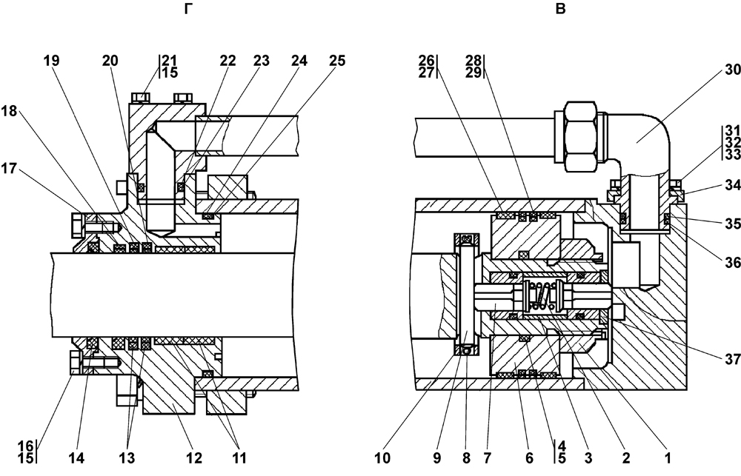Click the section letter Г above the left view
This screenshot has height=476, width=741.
pyautogui.click(x=188, y=9)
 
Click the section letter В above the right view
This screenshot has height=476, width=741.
pyautogui.click(x=560, y=9)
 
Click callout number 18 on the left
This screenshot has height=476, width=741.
pyautogui.click(x=10, y=111)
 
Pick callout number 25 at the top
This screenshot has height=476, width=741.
pyautogui.click(x=337, y=61)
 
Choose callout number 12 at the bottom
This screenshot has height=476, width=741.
pyautogui.click(x=194, y=457)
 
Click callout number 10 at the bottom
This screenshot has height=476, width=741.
pyautogui.click(x=383, y=457)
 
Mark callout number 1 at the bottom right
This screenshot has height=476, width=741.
pyautogui.click(x=668, y=457)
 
